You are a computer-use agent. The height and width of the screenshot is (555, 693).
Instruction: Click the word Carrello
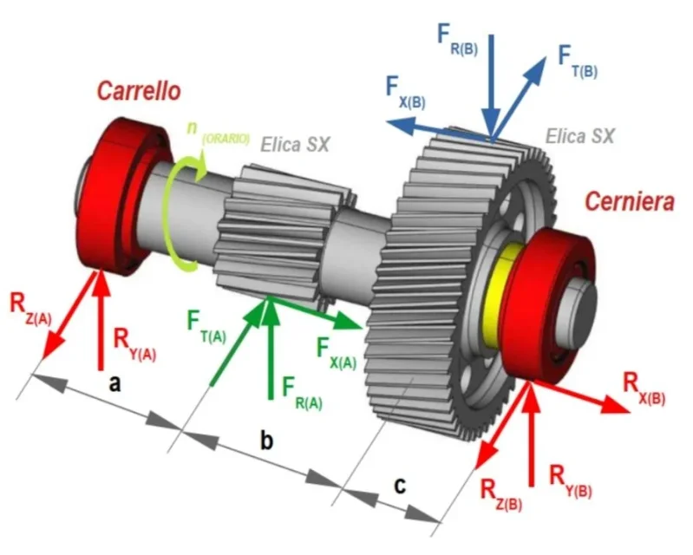[139, 91]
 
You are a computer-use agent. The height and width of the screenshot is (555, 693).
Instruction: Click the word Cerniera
[630, 201]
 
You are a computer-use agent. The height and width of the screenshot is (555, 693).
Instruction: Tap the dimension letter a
[114, 383]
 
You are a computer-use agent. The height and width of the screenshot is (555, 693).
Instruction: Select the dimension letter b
[266, 440]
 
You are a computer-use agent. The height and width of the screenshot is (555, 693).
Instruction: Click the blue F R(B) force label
[457, 39]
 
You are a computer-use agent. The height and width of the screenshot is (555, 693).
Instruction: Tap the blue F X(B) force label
[405, 92]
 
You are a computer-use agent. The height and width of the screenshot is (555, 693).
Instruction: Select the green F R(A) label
[303, 394]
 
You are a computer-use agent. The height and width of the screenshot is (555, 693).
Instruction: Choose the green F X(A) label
[336, 353]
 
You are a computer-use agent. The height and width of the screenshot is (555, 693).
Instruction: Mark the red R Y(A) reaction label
[134, 344]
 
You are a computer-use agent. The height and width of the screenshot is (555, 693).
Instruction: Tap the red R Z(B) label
[500, 495]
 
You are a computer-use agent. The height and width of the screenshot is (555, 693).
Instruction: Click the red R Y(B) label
[570, 481]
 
